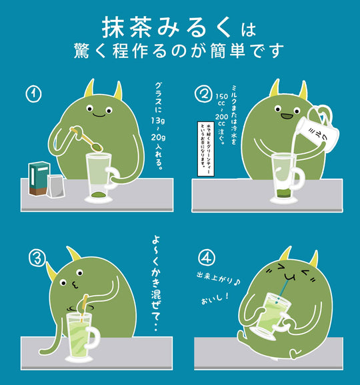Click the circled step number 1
tap(34, 95)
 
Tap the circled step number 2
tap(203, 95)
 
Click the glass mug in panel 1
tap(101, 176)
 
